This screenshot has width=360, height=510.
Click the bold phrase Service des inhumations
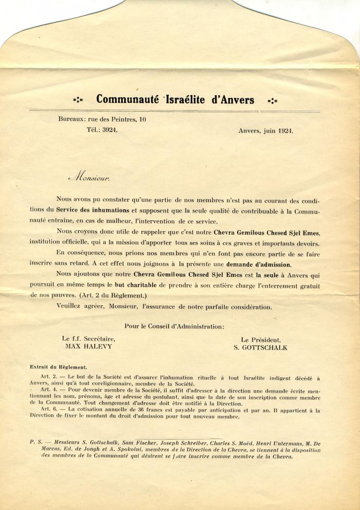pos(93,209)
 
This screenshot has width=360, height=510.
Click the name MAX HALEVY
pos(88,347)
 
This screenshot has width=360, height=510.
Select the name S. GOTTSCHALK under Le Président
pos(260,347)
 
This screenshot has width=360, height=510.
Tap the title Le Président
pos(261,340)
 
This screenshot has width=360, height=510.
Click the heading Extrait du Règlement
pos(59,367)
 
